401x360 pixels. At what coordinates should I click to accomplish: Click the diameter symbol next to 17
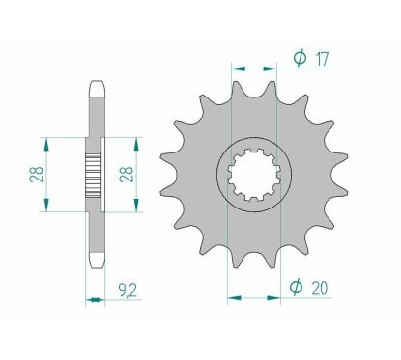coord(299,60)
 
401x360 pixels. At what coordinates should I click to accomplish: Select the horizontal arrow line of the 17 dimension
coord(253,69)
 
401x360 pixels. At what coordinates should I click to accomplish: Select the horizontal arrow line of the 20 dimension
coord(253,294)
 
